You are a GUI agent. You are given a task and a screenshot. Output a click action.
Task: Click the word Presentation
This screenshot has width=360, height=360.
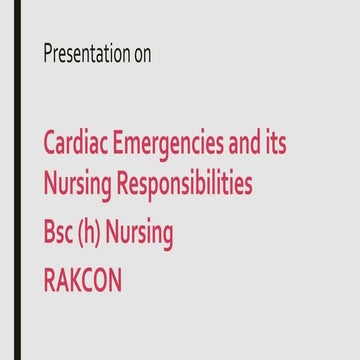(x=87, y=54)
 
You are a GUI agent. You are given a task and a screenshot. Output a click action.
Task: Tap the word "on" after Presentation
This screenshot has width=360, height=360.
(x=143, y=55)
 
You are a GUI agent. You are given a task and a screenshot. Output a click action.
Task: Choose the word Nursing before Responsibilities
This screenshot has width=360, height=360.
(x=76, y=186)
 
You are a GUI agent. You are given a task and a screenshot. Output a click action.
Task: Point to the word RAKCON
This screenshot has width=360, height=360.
(x=83, y=278)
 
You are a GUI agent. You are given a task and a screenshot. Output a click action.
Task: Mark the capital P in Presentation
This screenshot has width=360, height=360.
(x=47, y=54)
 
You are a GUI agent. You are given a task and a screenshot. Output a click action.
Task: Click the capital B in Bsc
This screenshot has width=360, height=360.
(x=48, y=232)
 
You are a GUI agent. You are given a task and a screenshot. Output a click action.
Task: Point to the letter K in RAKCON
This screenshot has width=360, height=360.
(x=79, y=278)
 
